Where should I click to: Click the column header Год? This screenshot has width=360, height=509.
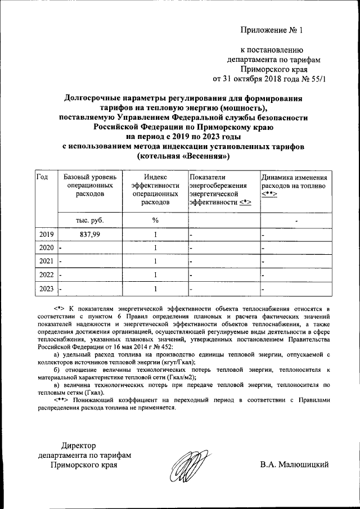click(x=42, y=177)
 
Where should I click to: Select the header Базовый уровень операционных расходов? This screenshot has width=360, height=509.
click(x=90, y=186)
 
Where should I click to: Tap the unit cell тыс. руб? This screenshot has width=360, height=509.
click(x=90, y=220)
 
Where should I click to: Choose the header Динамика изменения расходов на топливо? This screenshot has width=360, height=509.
click(x=292, y=186)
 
